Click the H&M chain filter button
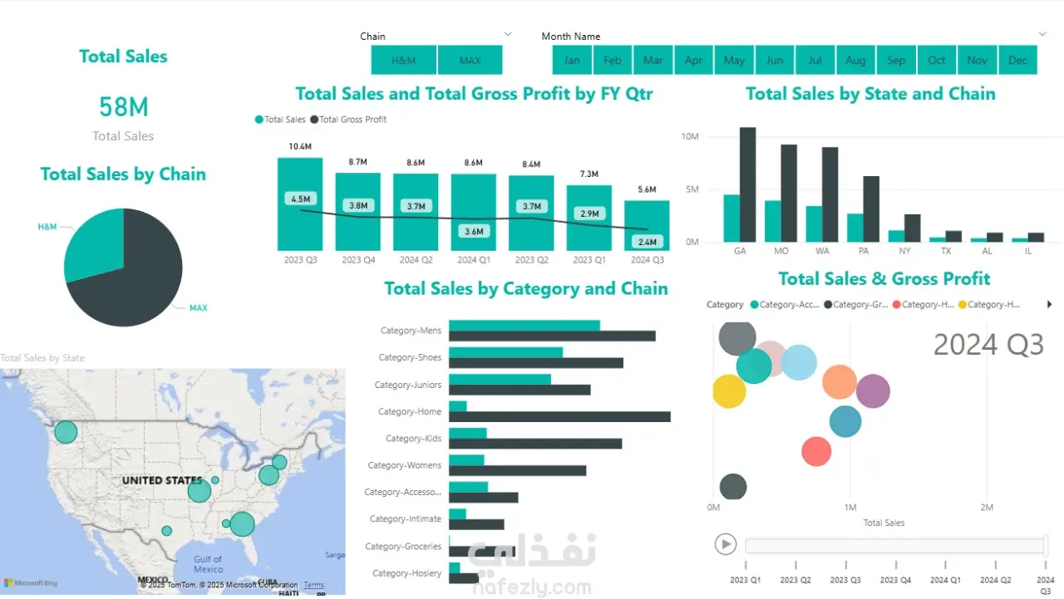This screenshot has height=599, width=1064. [403, 61]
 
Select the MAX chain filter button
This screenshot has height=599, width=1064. [470, 61]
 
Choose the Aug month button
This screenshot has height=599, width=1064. [855, 61]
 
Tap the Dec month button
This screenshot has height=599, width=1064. [1017, 61]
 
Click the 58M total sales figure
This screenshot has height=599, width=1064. [123, 107]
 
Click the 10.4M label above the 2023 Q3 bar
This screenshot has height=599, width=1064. [300, 147]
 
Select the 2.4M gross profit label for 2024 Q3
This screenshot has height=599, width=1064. [647, 242]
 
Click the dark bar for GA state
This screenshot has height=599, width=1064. [747, 184]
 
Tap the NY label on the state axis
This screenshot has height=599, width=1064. [904, 251]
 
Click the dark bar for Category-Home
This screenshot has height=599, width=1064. [559, 416]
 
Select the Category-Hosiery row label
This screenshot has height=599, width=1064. [406, 573]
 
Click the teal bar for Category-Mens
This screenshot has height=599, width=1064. [524, 325]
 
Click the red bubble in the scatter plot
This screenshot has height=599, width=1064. [816, 452]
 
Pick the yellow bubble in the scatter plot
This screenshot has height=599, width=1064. [729, 391]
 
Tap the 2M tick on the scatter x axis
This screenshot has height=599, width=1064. [986, 508]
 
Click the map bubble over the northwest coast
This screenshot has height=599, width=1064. [66, 432]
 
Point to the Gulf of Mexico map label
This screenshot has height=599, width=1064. [208, 564]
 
